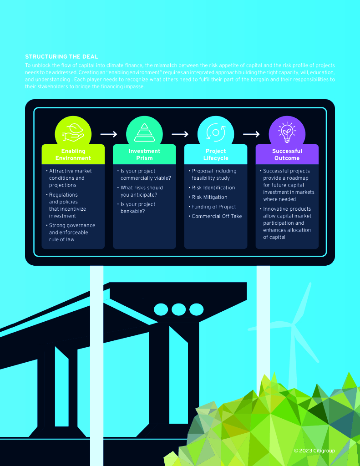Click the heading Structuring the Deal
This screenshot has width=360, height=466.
[x=61, y=57]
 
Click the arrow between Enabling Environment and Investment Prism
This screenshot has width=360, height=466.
[x=109, y=134]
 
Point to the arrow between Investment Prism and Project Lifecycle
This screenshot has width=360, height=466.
[x=180, y=134]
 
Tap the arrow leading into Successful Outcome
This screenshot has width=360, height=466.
[x=251, y=134]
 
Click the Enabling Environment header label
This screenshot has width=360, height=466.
[x=73, y=155]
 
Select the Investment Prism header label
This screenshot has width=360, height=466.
[x=144, y=155]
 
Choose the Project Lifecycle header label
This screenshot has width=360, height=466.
[x=216, y=155]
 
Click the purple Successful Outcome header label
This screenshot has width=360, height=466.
[x=287, y=155]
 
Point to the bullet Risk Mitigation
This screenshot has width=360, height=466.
[x=209, y=197]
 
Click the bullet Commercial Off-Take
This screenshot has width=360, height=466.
[x=217, y=216]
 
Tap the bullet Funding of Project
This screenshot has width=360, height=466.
[x=213, y=207]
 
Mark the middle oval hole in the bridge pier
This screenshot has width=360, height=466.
[x=179, y=309]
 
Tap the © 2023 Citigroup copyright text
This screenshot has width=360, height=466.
[x=314, y=451]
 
